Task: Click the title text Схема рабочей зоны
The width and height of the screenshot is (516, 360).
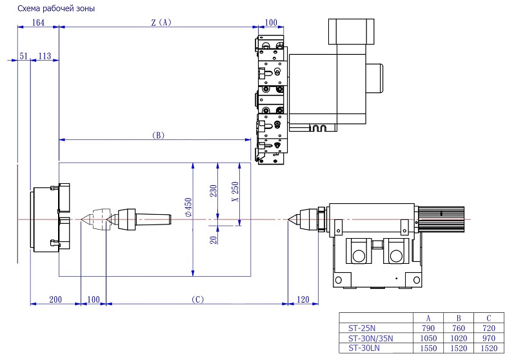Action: (56, 8)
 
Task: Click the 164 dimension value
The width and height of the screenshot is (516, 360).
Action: (38, 23)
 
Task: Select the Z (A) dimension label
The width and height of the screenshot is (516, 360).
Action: (161, 23)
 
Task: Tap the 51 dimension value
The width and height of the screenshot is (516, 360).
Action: (23, 56)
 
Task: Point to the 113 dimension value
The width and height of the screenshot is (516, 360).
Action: (45, 56)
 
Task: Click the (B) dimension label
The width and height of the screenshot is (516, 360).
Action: (158, 135)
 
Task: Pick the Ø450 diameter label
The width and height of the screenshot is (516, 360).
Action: (188, 207)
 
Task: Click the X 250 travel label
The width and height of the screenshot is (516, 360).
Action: (235, 192)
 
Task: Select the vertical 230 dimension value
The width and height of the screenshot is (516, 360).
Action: (213, 191)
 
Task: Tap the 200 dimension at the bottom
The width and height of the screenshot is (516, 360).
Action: (55, 299)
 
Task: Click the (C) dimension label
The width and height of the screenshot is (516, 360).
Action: (197, 299)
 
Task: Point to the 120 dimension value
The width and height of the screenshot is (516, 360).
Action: (303, 299)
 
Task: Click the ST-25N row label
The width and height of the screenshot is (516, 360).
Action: (362, 328)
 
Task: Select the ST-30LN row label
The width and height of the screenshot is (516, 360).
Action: (364, 348)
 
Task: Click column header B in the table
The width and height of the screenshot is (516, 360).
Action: (459, 318)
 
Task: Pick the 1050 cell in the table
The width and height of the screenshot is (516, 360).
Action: (428, 338)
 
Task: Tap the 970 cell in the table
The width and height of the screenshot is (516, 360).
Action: (489, 338)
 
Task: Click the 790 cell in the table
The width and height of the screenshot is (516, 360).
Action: (428, 328)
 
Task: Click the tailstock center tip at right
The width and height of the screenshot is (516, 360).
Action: (288, 219)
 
